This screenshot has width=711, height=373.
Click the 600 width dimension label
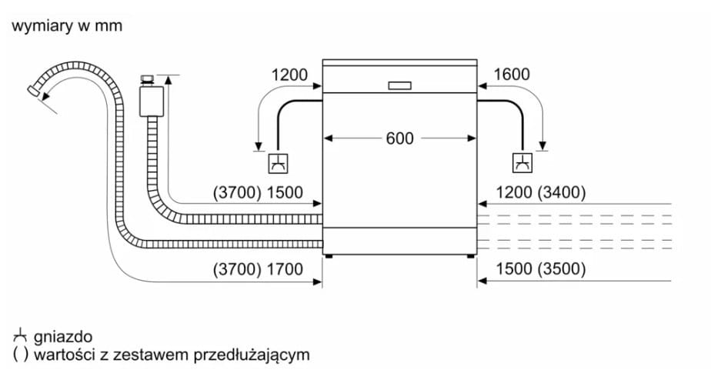click(399, 138)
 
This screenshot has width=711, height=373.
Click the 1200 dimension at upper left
click(289, 75)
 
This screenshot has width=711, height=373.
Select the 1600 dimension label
click(512, 75)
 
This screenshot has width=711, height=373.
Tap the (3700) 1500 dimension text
click(258, 192)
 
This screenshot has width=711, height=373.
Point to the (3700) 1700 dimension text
click(258, 269)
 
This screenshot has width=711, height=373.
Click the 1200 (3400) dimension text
click(540, 192)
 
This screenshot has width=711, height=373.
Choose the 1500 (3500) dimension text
click(540, 268)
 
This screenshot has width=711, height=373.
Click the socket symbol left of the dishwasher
click(278, 163)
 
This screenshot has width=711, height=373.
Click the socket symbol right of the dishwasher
click(522, 163)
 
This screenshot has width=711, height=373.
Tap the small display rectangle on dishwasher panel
click(399, 85)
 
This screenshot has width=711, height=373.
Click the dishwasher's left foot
click(329, 257)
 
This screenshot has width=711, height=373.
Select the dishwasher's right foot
click(471, 257)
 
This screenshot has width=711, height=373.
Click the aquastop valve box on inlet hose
click(152, 101)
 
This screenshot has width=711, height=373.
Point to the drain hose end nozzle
click(33, 90)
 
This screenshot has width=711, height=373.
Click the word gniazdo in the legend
click(63, 337)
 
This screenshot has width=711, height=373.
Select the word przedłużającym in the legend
click(252, 355)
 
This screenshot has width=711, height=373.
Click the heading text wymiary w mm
click(67, 26)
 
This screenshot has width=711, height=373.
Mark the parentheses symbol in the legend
click(21, 355)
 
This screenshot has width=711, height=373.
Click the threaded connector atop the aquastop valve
click(147, 80)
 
